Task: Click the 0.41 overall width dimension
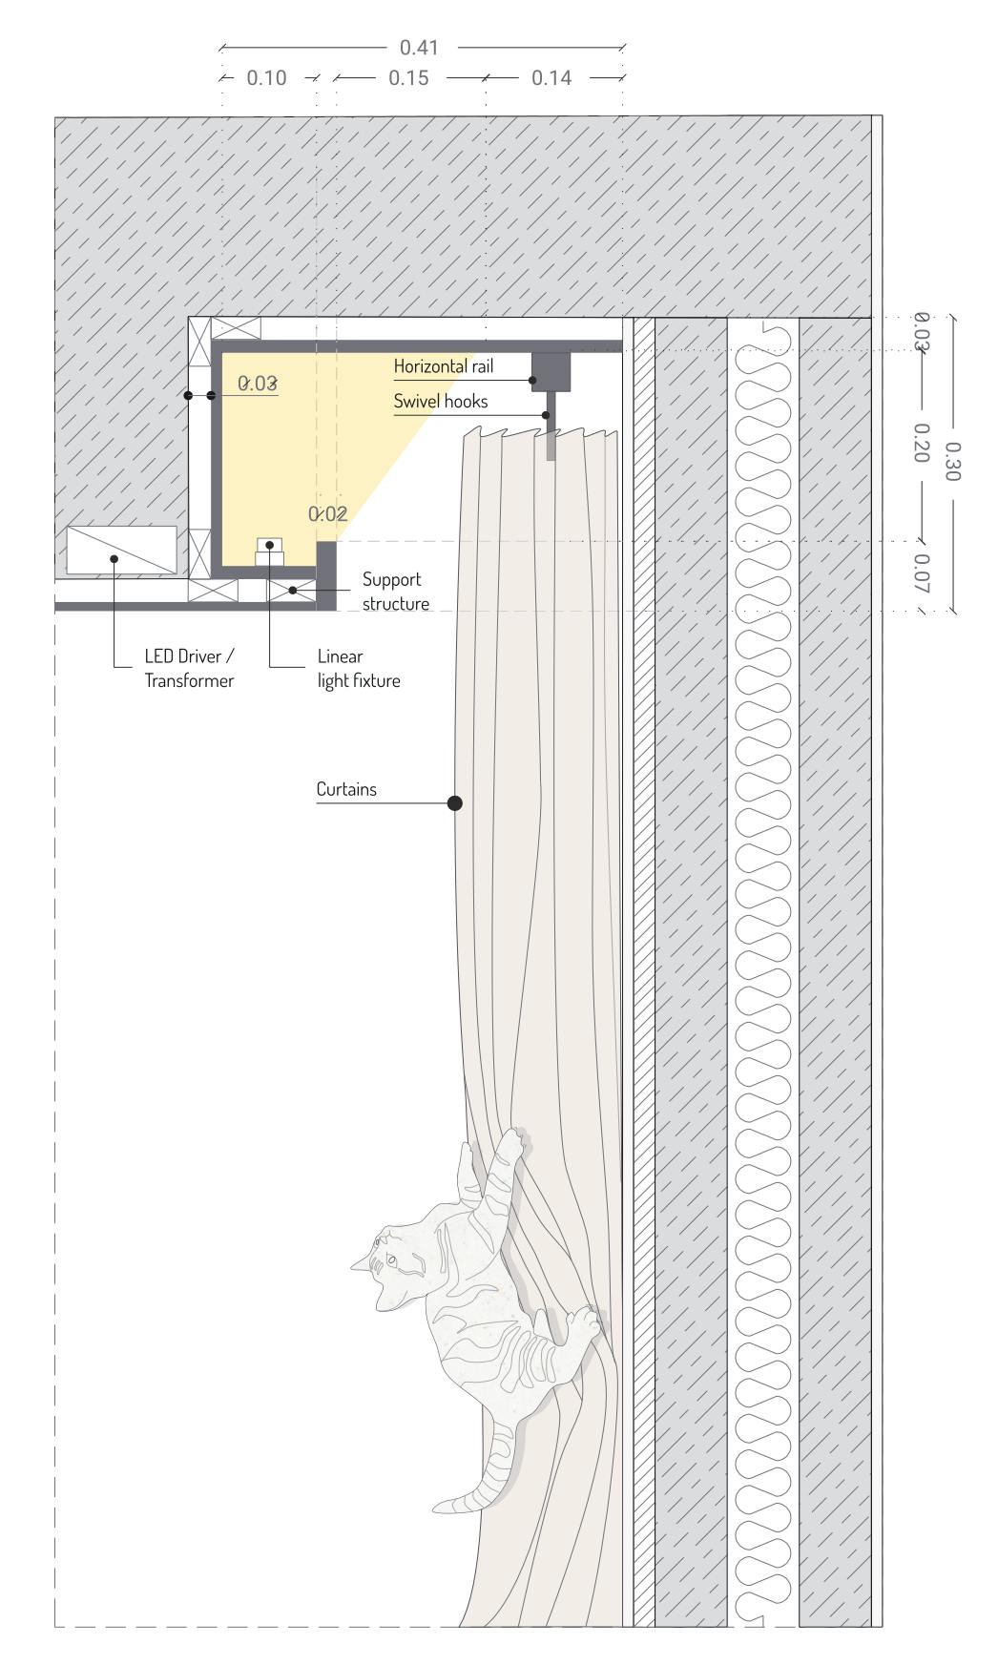[419, 47]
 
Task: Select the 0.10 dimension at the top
[266, 78]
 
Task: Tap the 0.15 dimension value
[408, 78]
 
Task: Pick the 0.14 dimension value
[551, 78]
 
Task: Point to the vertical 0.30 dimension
[951, 461]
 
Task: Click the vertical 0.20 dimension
[921, 444]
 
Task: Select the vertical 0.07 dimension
[921, 574]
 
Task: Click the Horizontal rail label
[444, 366]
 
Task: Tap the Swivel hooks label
[441, 402]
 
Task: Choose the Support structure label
[395, 592]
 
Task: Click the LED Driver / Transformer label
[189, 669]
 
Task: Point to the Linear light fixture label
[358, 669]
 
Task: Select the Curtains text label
[346, 790]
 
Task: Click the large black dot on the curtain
[455, 803]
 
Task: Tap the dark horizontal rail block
[551, 370]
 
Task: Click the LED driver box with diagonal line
[121, 551]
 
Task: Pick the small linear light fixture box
[270, 551]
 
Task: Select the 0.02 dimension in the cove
[327, 514]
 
